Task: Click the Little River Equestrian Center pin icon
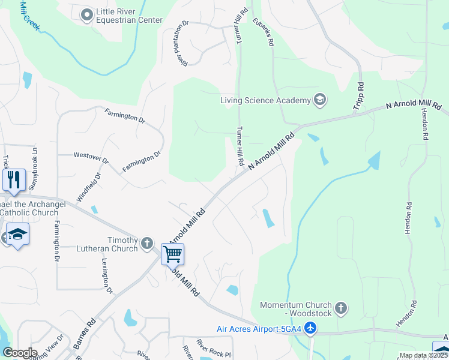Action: coord(86,14)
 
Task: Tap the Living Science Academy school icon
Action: coord(320,100)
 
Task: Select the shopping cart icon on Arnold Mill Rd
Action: coord(172,254)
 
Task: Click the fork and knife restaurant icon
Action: coord(14,179)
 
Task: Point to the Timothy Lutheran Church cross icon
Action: coord(148,244)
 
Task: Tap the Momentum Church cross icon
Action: coord(340,308)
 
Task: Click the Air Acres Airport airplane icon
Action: coord(310,328)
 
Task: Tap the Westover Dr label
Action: coord(91,158)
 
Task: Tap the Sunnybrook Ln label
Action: coord(34,170)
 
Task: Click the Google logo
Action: coord(20,353)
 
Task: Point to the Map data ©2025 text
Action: coord(423,355)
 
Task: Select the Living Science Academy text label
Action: coord(265,100)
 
